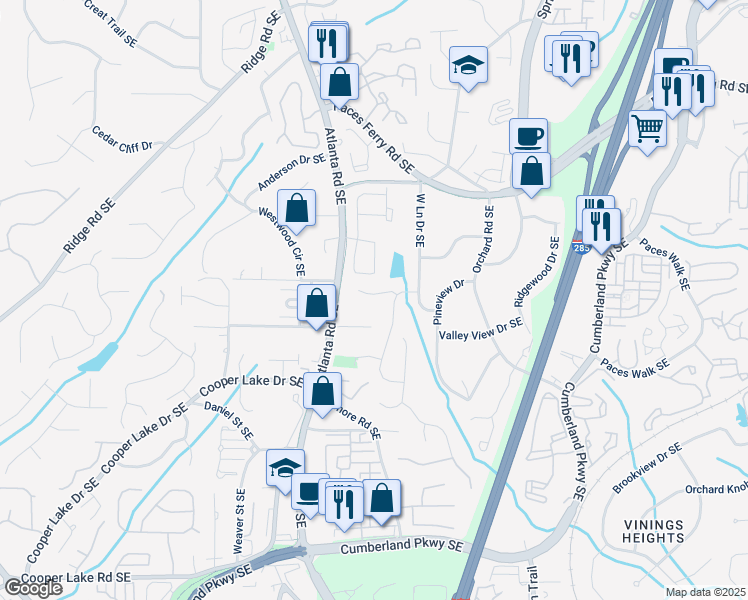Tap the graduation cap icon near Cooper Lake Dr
(x=285, y=467)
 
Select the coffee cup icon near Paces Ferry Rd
(x=528, y=135)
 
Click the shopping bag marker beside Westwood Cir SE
(x=297, y=208)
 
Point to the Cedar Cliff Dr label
(x=121, y=138)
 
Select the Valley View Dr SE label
(x=481, y=329)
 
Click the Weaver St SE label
(x=239, y=519)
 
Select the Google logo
(x=33, y=588)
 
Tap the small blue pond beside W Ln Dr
(x=398, y=266)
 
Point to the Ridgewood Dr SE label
(x=535, y=272)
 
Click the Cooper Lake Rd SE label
(x=76, y=578)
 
